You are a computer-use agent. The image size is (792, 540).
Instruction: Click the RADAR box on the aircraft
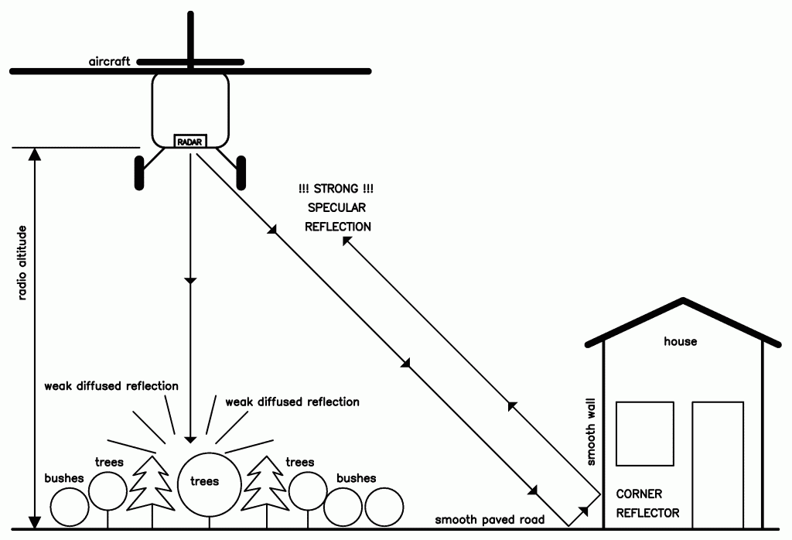click(x=189, y=142)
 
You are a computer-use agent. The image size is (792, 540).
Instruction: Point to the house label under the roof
click(x=681, y=341)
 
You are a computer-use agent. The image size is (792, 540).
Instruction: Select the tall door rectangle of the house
click(x=718, y=464)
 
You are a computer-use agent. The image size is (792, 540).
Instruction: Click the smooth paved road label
click(x=490, y=520)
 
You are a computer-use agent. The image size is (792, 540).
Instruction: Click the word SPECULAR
click(x=337, y=208)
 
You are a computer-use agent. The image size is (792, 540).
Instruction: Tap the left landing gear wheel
click(x=139, y=172)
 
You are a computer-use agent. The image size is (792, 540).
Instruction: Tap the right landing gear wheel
click(x=241, y=172)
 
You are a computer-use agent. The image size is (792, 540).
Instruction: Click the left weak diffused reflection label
click(x=111, y=385)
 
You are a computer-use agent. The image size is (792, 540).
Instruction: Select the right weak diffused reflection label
click(x=292, y=402)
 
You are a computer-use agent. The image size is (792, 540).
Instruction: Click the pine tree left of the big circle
click(x=149, y=484)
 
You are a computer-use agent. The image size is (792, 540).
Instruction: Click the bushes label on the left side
click(x=64, y=478)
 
